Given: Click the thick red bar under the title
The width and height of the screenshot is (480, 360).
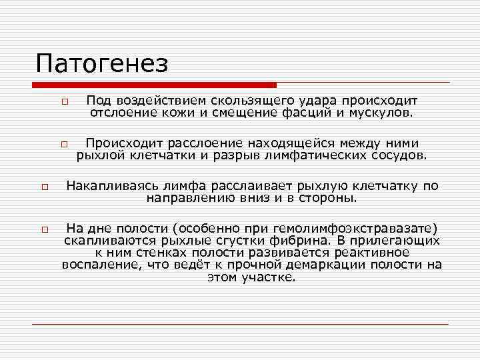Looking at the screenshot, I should pyautogui.click(x=153, y=85).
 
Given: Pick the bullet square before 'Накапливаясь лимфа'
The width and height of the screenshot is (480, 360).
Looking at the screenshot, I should pyautogui.click(x=41, y=188).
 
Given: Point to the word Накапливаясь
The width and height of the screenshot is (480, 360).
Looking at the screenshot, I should pyautogui.click(x=107, y=186).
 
